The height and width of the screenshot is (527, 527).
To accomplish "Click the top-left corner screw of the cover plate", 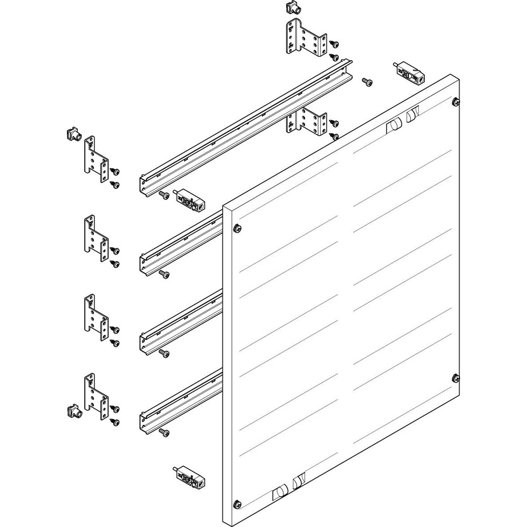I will click(x=236, y=228).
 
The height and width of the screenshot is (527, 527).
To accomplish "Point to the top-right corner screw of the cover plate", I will click(x=455, y=100).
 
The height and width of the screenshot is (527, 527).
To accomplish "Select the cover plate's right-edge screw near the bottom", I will click(x=455, y=377).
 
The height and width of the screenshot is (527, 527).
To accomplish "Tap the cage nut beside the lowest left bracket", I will click(x=72, y=411).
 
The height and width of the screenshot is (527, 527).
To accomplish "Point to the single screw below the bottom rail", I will click(x=164, y=432).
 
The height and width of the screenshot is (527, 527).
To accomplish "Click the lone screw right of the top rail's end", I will click(x=367, y=82).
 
